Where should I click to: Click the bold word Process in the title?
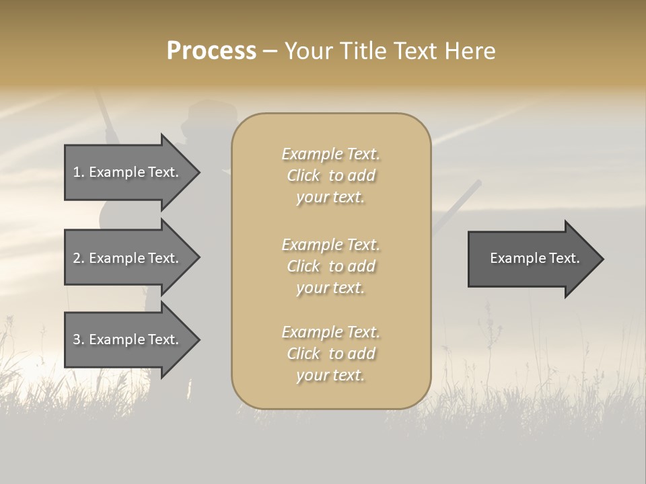click(x=211, y=51)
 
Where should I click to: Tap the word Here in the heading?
click(x=469, y=51)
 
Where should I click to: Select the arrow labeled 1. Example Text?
click(x=128, y=173)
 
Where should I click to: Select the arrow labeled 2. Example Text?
click(x=128, y=258)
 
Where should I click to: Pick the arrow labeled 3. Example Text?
click(x=128, y=340)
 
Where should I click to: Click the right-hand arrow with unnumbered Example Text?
click(x=532, y=259)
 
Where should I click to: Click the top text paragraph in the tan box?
click(x=330, y=175)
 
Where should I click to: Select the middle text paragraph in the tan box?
click(x=330, y=266)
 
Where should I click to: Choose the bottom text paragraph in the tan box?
click(x=330, y=354)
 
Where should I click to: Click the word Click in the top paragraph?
click(x=303, y=176)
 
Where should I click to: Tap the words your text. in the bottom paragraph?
click(x=330, y=376)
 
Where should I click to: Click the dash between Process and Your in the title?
click(x=270, y=51)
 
